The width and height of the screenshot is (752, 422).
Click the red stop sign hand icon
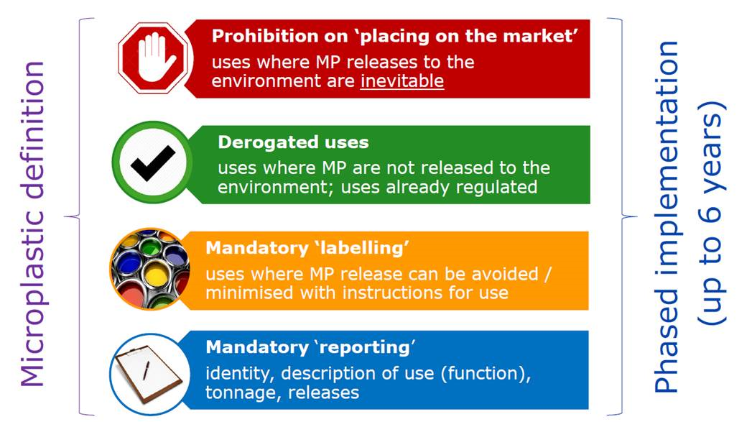154,58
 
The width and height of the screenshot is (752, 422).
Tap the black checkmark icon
153,162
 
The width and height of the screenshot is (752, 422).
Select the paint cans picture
149,269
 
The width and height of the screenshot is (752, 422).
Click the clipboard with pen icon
149,374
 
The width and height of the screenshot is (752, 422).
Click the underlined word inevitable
402,81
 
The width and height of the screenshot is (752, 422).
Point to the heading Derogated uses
293,142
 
